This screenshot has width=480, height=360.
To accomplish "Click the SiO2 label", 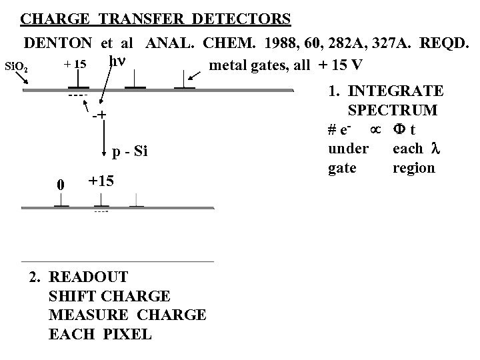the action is tap(17, 66).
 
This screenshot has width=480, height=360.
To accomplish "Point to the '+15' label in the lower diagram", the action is tap(101, 181).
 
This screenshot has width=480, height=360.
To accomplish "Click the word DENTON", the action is tap(59, 43).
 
